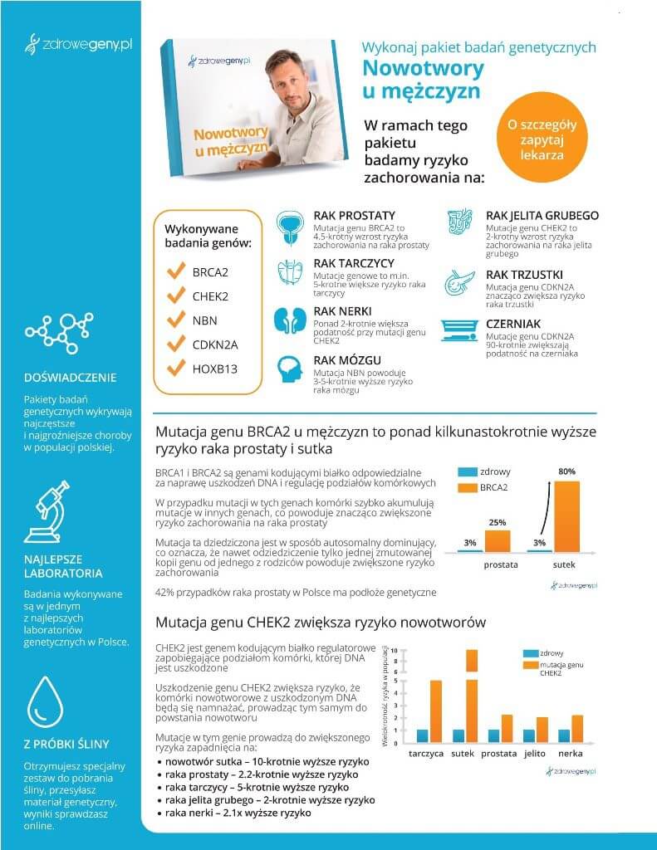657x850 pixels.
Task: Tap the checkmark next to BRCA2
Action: click(x=175, y=271)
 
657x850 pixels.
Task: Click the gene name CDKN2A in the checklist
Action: click(x=215, y=344)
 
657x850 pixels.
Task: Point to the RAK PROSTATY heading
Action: click(x=354, y=216)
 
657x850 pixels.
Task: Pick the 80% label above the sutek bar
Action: click(x=566, y=471)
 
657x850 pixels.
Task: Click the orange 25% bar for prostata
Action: click(x=498, y=540)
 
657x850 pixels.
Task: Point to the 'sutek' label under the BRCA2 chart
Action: click(x=564, y=565)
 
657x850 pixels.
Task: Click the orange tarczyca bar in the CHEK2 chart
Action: click(x=435, y=711)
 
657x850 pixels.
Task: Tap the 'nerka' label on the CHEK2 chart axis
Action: click(x=570, y=754)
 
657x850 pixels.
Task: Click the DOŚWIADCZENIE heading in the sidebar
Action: click(x=71, y=378)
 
